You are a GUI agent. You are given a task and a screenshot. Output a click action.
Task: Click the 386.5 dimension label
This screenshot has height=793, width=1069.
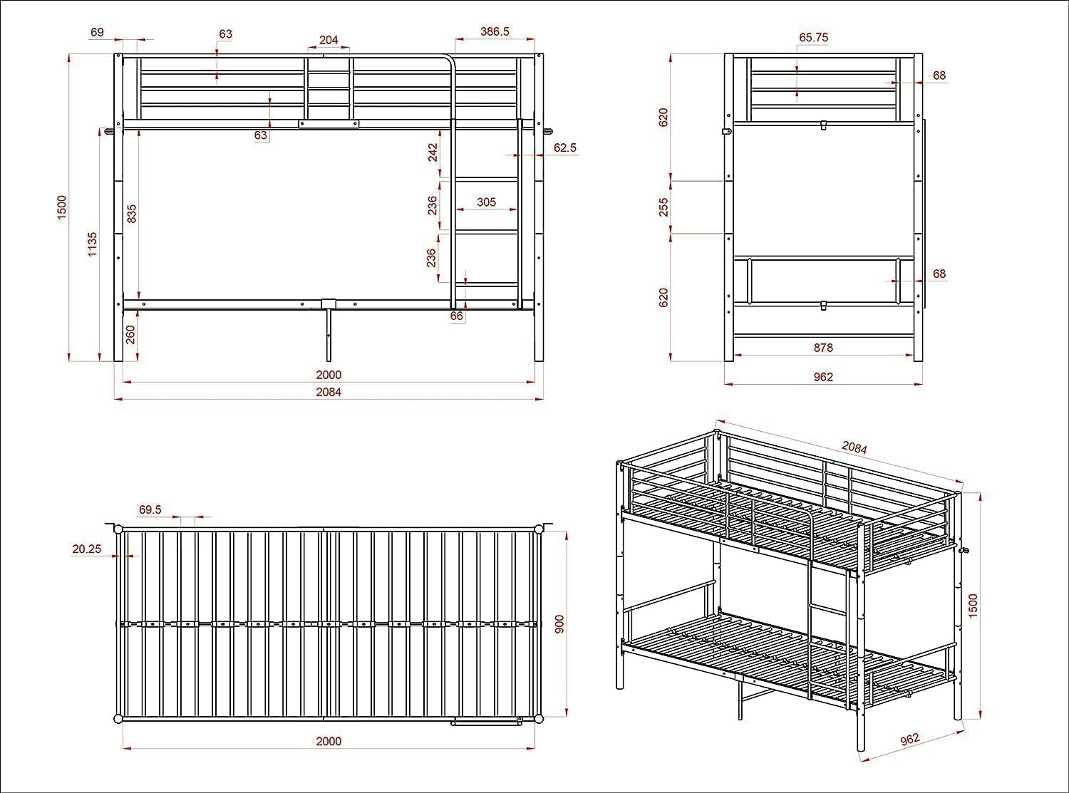495,31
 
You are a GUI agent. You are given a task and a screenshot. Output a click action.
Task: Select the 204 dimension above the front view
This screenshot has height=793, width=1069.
329,41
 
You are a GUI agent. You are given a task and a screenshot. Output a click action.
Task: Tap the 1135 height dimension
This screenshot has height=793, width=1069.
93,244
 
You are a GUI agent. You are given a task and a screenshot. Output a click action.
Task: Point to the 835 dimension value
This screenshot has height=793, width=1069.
131,214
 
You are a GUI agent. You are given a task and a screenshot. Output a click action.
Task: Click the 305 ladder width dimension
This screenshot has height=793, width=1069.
486,202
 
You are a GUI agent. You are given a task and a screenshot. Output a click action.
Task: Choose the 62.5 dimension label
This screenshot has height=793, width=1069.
564,148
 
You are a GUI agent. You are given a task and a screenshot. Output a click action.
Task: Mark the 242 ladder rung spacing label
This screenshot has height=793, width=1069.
433,153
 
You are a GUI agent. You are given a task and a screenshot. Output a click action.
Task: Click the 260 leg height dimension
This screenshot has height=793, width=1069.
130,334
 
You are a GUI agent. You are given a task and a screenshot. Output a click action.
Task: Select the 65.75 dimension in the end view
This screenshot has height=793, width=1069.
813,38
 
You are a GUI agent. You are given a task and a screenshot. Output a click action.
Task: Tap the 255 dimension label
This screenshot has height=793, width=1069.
664,207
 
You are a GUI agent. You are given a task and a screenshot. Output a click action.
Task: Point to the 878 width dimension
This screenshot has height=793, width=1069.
823,348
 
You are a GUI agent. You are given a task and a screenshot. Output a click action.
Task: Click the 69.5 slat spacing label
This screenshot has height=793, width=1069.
150,509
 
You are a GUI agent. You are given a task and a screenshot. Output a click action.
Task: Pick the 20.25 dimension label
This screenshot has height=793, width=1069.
86,549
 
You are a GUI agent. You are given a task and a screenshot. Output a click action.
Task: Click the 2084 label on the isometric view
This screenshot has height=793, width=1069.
854,447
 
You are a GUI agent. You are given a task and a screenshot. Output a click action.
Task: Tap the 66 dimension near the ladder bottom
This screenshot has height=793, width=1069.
457,316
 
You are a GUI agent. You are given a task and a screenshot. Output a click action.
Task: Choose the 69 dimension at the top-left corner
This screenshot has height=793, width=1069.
98,31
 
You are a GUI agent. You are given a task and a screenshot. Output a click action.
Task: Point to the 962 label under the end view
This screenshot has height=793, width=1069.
823,377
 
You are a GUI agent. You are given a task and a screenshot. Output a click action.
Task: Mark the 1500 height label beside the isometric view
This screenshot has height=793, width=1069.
974,605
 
